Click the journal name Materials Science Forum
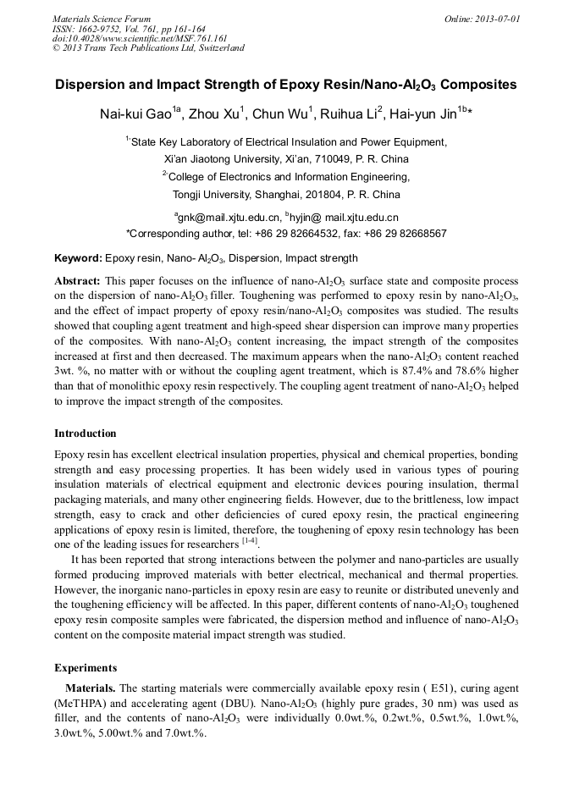102,19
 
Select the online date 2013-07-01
494,19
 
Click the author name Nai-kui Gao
135,113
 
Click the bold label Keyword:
78,258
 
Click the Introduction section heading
86,434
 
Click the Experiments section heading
86,667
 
